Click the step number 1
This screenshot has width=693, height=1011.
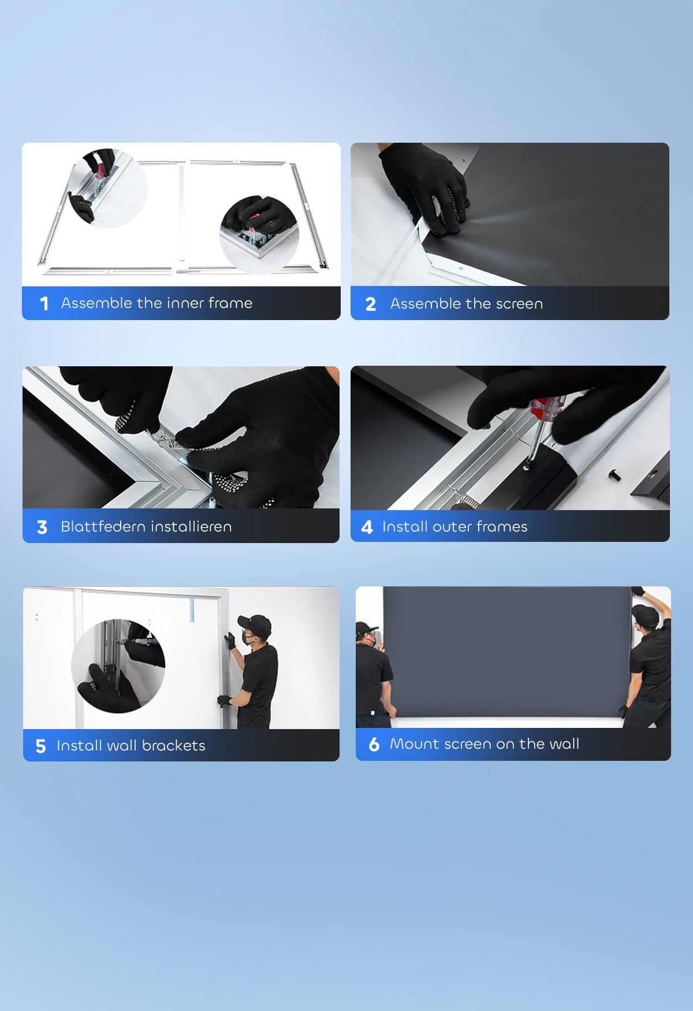click(44, 303)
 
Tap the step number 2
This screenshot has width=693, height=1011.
click(371, 304)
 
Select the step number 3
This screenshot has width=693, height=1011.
click(42, 527)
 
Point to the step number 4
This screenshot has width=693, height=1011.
click(367, 527)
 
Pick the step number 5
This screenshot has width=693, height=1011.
click(40, 746)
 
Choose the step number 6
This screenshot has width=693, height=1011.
click(374, 744)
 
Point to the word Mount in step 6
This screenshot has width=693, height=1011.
click(415, 744)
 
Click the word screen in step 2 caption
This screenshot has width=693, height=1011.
click(519, 303)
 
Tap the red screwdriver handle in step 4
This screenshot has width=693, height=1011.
click(547, 408)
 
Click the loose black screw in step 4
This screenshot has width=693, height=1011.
click(614, 475)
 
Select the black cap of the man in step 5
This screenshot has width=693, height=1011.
click(255, 625)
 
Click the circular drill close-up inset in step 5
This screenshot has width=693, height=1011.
click(118, 666)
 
